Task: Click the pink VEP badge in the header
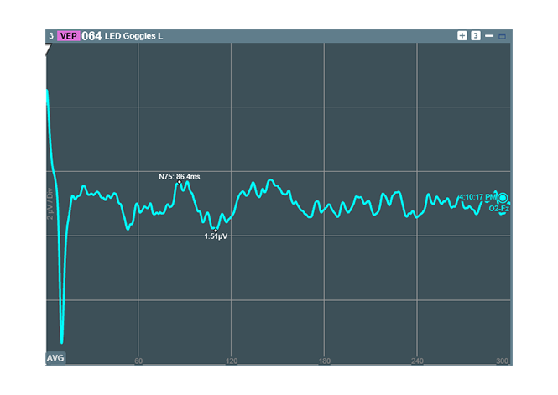68,36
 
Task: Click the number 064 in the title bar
91,36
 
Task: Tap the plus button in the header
462,36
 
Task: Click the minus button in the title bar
488,36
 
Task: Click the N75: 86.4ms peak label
180,177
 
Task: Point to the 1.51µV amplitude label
216,237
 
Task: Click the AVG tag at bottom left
55,358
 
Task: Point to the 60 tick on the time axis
138,361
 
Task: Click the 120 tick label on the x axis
232,361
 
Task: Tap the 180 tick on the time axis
325,361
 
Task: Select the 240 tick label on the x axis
417,361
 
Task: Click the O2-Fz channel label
499,209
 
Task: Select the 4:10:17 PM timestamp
476,198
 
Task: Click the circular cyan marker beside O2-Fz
503,199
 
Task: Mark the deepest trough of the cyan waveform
62,341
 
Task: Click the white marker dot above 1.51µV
216,229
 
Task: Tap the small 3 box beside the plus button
475,36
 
